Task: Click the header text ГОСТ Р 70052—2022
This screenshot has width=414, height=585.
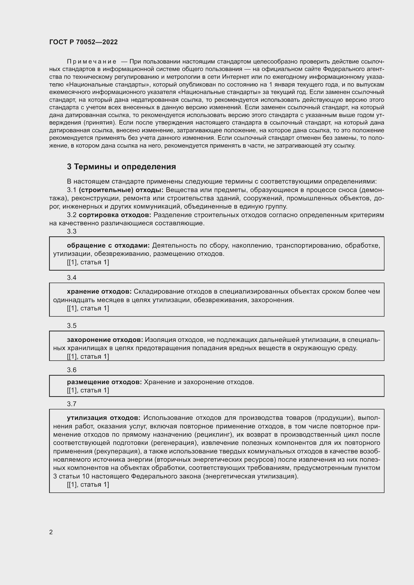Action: pos(83,42)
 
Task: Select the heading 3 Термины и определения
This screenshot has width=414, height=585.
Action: pos(121,167)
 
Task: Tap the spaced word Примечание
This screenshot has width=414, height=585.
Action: pos(92,62)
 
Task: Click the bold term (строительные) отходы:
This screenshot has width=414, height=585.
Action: pos(121,190)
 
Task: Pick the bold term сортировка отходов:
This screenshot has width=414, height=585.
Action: pos(115,215)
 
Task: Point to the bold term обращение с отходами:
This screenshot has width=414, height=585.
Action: pos(108,245)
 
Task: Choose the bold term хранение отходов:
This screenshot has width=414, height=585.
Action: pos(99,291)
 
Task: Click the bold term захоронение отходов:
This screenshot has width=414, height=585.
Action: pos(105,340)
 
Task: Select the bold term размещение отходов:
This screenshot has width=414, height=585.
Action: pos(104,382)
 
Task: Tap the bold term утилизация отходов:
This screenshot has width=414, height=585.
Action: pos(104,418)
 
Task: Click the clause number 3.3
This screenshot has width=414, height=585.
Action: pos(72,231)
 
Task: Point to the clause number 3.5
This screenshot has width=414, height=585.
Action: pos(72,326)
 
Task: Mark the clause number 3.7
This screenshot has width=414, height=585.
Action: pos(72,404)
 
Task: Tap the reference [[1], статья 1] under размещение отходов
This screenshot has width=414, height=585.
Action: pos(88,390)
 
